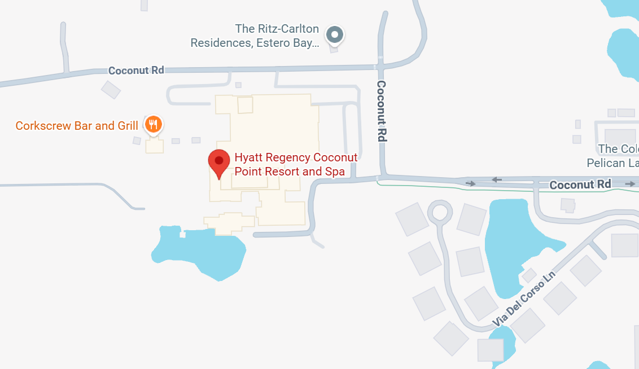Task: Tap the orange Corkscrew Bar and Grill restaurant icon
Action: coord(154,124)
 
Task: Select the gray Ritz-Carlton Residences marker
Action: coord(335,35)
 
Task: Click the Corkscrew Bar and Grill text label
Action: coord(77,126)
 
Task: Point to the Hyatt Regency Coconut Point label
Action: coord(296,164)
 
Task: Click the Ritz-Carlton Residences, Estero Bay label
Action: coord(255,36)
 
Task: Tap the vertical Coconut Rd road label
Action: coord(382,111)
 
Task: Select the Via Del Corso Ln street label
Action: coord(524,300)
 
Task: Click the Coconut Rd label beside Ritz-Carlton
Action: coord(136,71)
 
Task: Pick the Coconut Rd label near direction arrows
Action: coord(580,184)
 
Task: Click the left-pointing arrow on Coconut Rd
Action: coord(497,180)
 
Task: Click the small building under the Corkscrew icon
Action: coord(154,146)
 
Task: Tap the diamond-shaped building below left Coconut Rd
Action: coord(111,89)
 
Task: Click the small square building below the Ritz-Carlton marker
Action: coord(334,49)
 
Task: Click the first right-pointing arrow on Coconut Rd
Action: coord(470,183)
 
